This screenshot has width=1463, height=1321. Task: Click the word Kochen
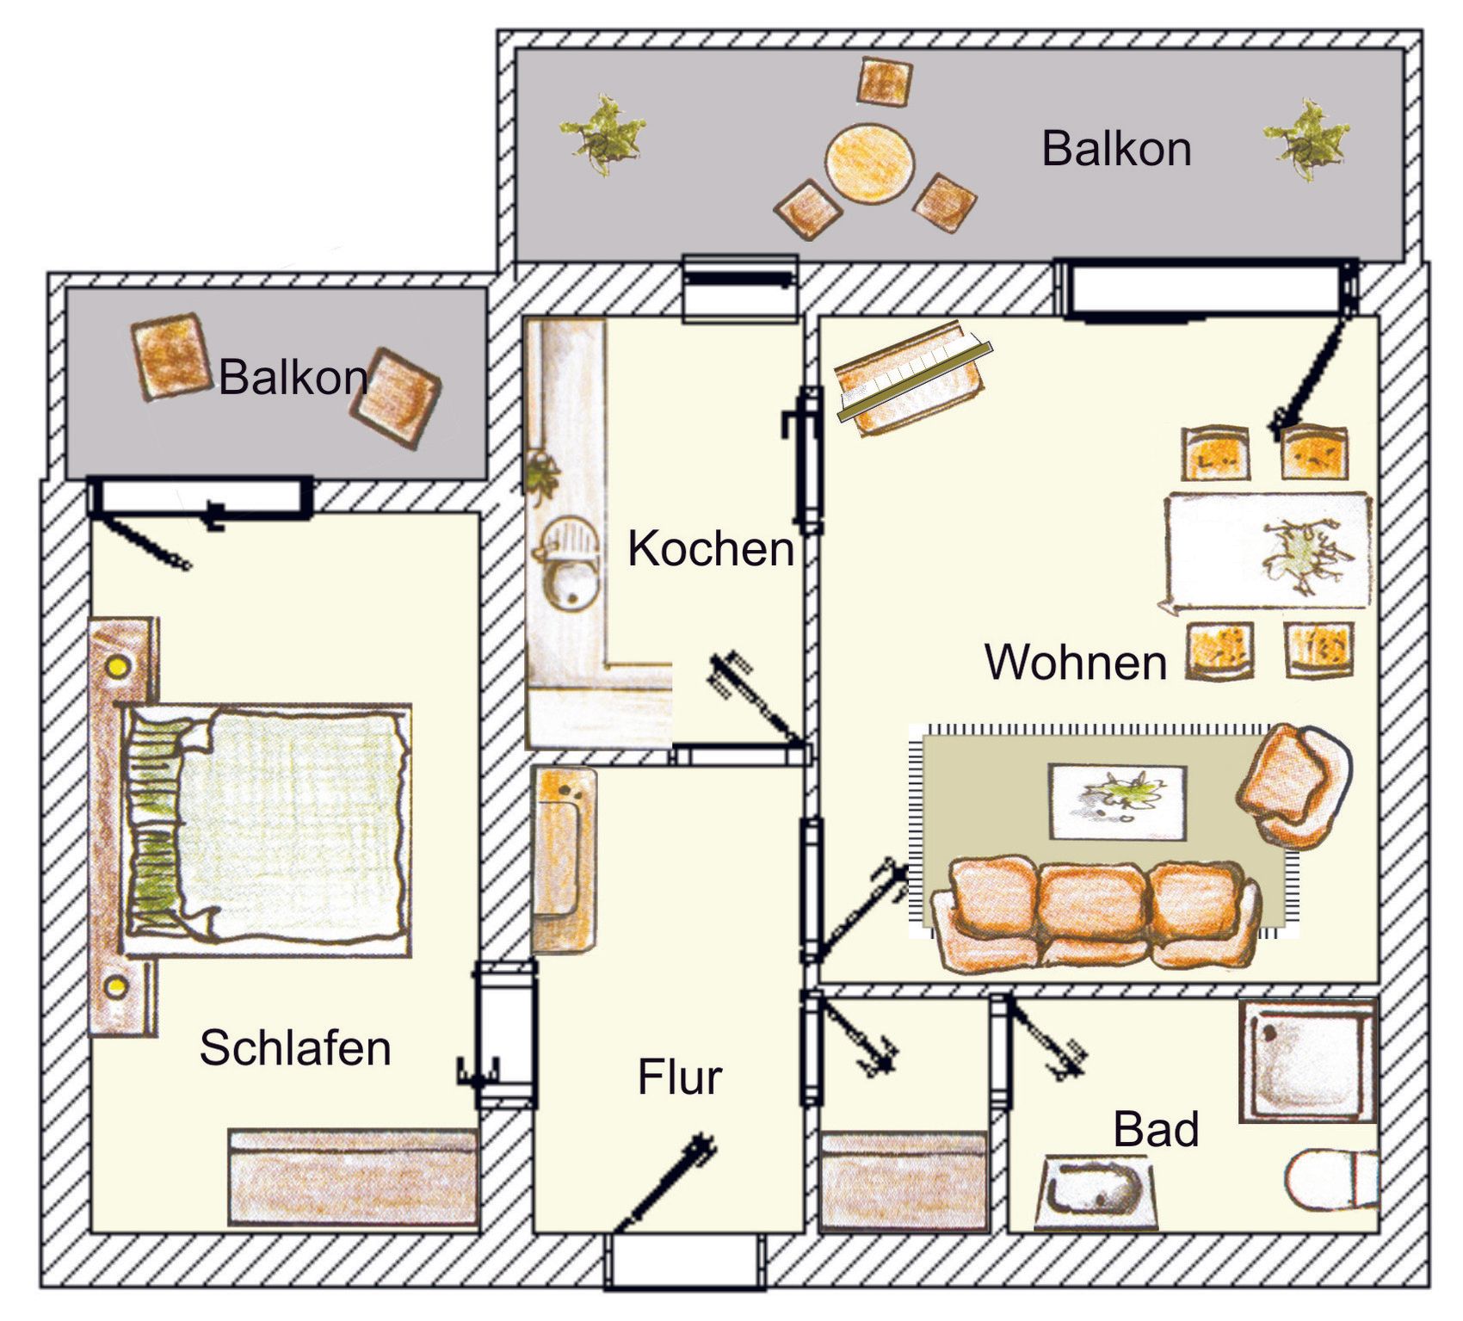click(711, 548)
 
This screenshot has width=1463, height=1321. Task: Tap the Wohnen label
click(1076, 662)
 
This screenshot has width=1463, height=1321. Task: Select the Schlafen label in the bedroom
click(295, 1047)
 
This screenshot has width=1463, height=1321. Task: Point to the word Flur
click(680, 1077)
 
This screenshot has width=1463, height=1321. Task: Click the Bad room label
click(1156, 1129)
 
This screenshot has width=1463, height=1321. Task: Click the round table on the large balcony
click(870, 164)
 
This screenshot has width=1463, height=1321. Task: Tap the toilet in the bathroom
click(1331, 1179)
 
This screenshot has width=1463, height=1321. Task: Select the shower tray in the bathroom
click(1308, 1060)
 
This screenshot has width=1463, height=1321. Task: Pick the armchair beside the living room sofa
click(1293, 785)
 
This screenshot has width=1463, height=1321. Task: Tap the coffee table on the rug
click(1117, 801)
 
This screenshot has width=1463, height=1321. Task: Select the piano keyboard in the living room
click(914, 379)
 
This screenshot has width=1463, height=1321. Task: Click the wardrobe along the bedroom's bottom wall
click(353, 1177)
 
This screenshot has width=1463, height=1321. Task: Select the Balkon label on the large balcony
click(1116, 149)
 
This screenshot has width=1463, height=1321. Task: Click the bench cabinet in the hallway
click(564, 860)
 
